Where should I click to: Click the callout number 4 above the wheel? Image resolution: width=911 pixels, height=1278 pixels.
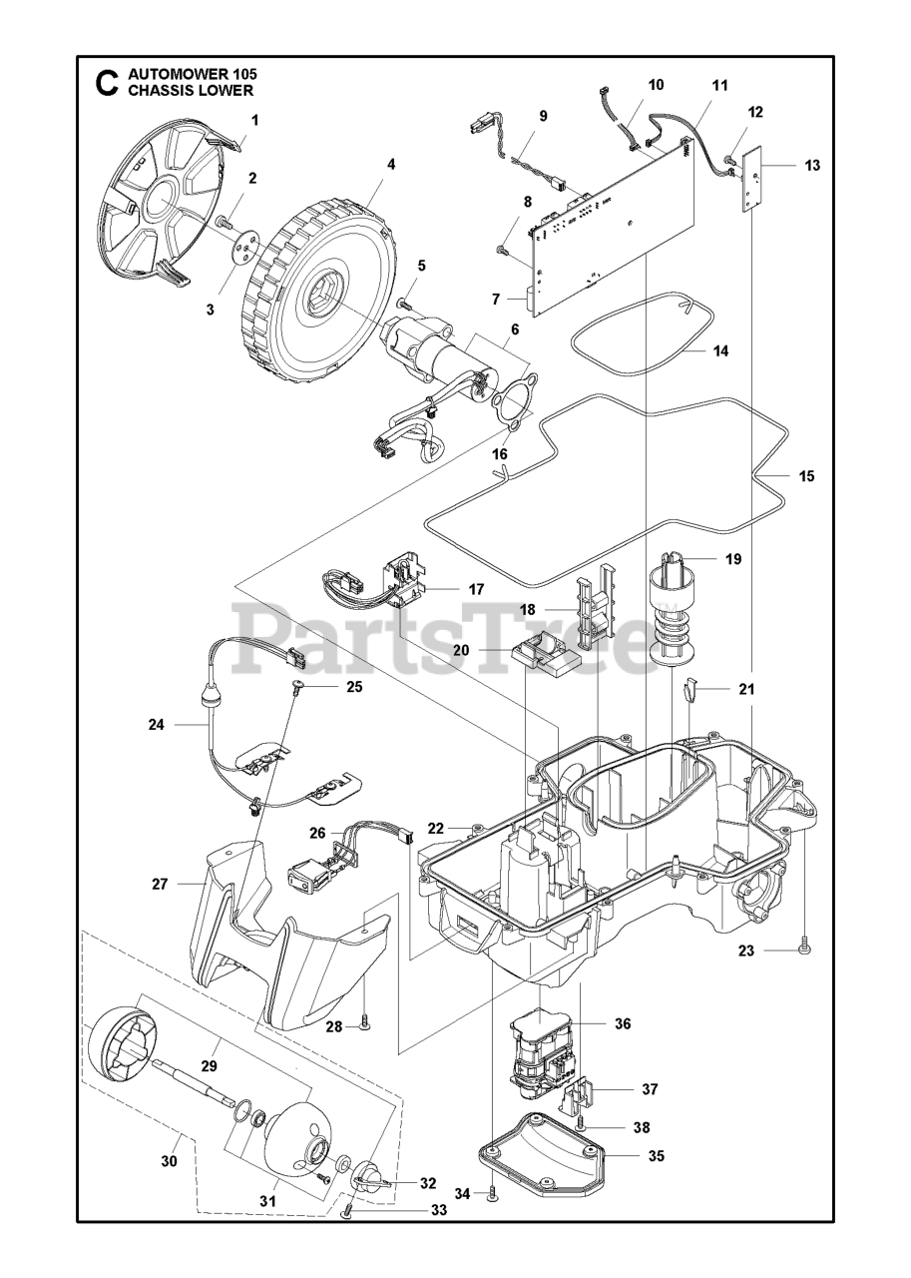pyautogui.click(x=391, y=164)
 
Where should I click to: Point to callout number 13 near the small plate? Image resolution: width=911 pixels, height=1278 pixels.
pyautogui.click(x=812, y=165)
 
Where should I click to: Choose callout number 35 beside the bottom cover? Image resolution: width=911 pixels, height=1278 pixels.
pyautogui.click(x=654, y=1156)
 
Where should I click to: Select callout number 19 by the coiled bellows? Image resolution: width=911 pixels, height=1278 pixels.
pyautogui.click(x=733, y=559)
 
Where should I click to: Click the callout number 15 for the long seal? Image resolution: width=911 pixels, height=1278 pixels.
pyautogui.click(x=806, y=476)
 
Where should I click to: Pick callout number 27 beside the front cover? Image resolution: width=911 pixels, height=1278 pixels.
pyautogui.click(x=160, y=884)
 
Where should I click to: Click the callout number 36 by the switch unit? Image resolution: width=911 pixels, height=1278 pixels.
pyautogui.click(x=623, y=1023)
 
